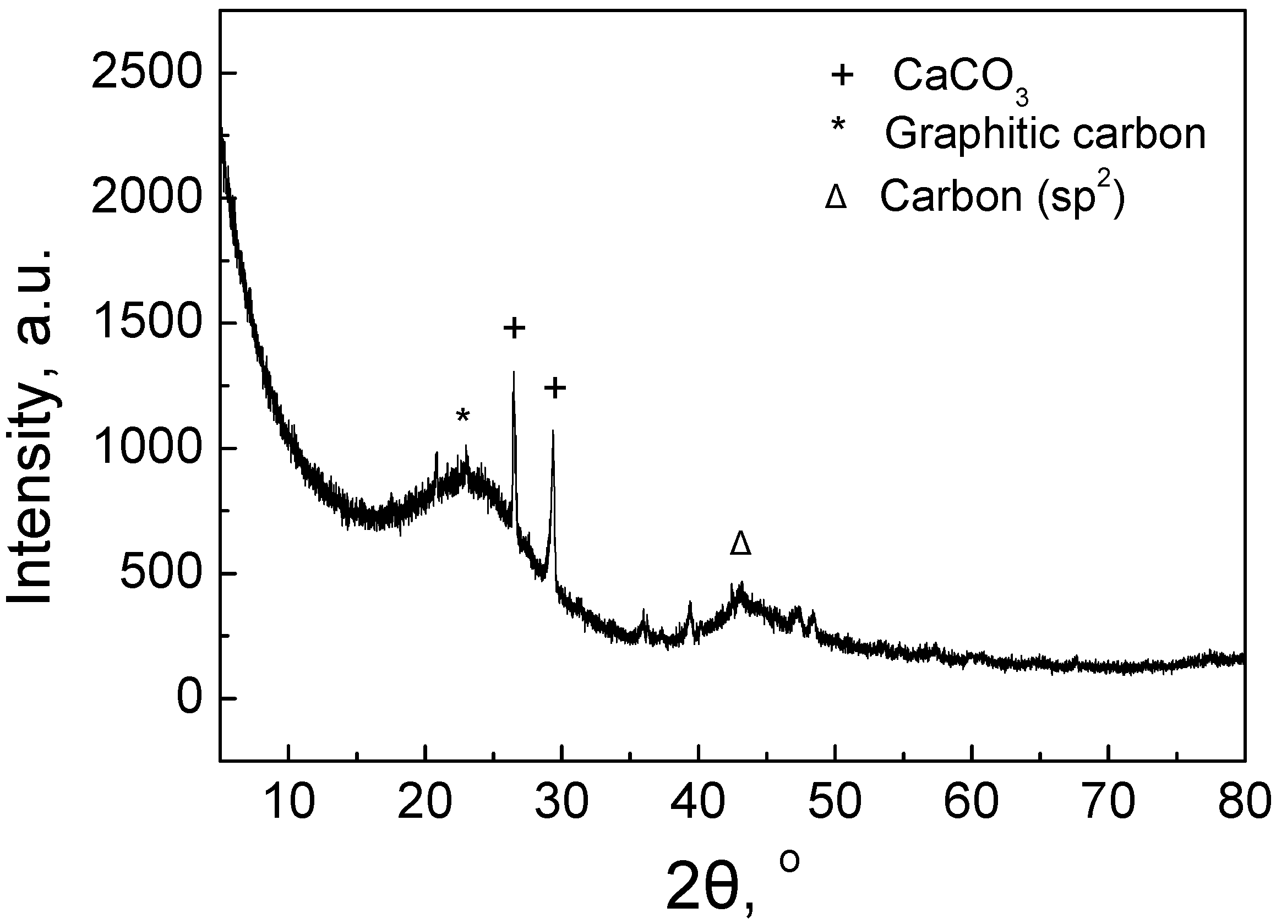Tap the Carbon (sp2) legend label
[1002, 196]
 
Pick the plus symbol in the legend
[842, 75]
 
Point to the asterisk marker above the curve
[462, 417]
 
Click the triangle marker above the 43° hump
[740, 543]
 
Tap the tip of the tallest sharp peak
[514, 373]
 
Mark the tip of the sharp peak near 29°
[553, 432]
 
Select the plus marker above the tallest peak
[514, 328]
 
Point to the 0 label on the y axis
[189, 698]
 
